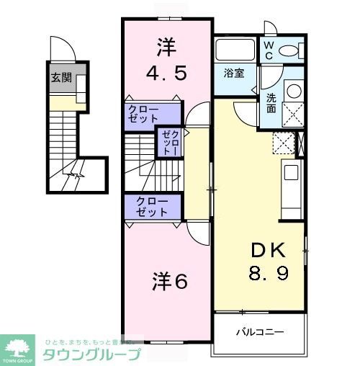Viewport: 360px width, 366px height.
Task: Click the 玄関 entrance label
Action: pyautogui.click(x=61, y=78)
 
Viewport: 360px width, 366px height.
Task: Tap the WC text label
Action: pyautogui.click(x=268, y=50)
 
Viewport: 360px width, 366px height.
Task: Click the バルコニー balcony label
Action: pyautogui.click(x=260, y=333)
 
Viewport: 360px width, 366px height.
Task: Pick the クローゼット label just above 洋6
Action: pyautogui.click(x=153, y=207)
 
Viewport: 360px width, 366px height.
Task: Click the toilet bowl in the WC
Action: pyautogui.click(x=291, y=50)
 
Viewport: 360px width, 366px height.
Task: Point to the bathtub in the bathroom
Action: pyautogui.click(x=235, y=50)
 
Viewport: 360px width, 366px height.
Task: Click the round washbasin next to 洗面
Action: pyautogui.click(x=293, y=91)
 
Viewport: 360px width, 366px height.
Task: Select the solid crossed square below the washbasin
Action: pyautogui.click(x=293, y=115)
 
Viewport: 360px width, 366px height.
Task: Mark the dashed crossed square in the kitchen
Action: pyautogui.click(x=284, y=143)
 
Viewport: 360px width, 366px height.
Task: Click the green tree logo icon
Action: pyautogui.click(x=19, y=347)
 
